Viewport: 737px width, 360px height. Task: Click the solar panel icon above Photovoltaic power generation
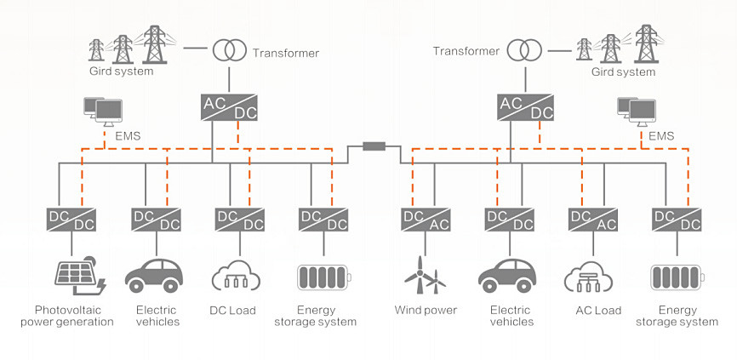(x=80, y=276)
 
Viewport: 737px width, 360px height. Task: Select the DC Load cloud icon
(x=236, y=276)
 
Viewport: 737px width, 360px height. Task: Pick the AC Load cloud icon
(x=588, y=277)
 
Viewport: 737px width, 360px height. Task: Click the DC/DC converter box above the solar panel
(x=71, y=220)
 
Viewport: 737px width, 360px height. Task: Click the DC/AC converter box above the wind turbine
(x=426, y=220)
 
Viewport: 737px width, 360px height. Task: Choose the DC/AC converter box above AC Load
(x=592, y=220)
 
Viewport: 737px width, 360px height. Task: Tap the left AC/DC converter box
(x=230, y=107)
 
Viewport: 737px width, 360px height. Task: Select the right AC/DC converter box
(x=525, y=107)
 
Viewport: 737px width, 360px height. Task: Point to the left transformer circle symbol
(x=230, y=49)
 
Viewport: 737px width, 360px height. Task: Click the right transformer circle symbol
(x=524, y=49)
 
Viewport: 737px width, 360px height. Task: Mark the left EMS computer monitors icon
(x=103, y=111)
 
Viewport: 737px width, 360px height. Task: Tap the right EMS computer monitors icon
(x=637, y=111)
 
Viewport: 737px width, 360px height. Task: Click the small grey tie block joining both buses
(x=374, y=146)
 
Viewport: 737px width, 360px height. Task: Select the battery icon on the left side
(x=324, y=277)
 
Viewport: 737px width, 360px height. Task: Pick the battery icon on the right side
(x=677, y=277)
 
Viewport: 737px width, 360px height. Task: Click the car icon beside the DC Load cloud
(x=154, y=276)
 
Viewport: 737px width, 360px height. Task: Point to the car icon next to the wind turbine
(x=507, y=276)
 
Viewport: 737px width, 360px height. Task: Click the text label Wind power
(x=426, y=310)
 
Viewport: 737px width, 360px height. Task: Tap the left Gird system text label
(x=121, y=71)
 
